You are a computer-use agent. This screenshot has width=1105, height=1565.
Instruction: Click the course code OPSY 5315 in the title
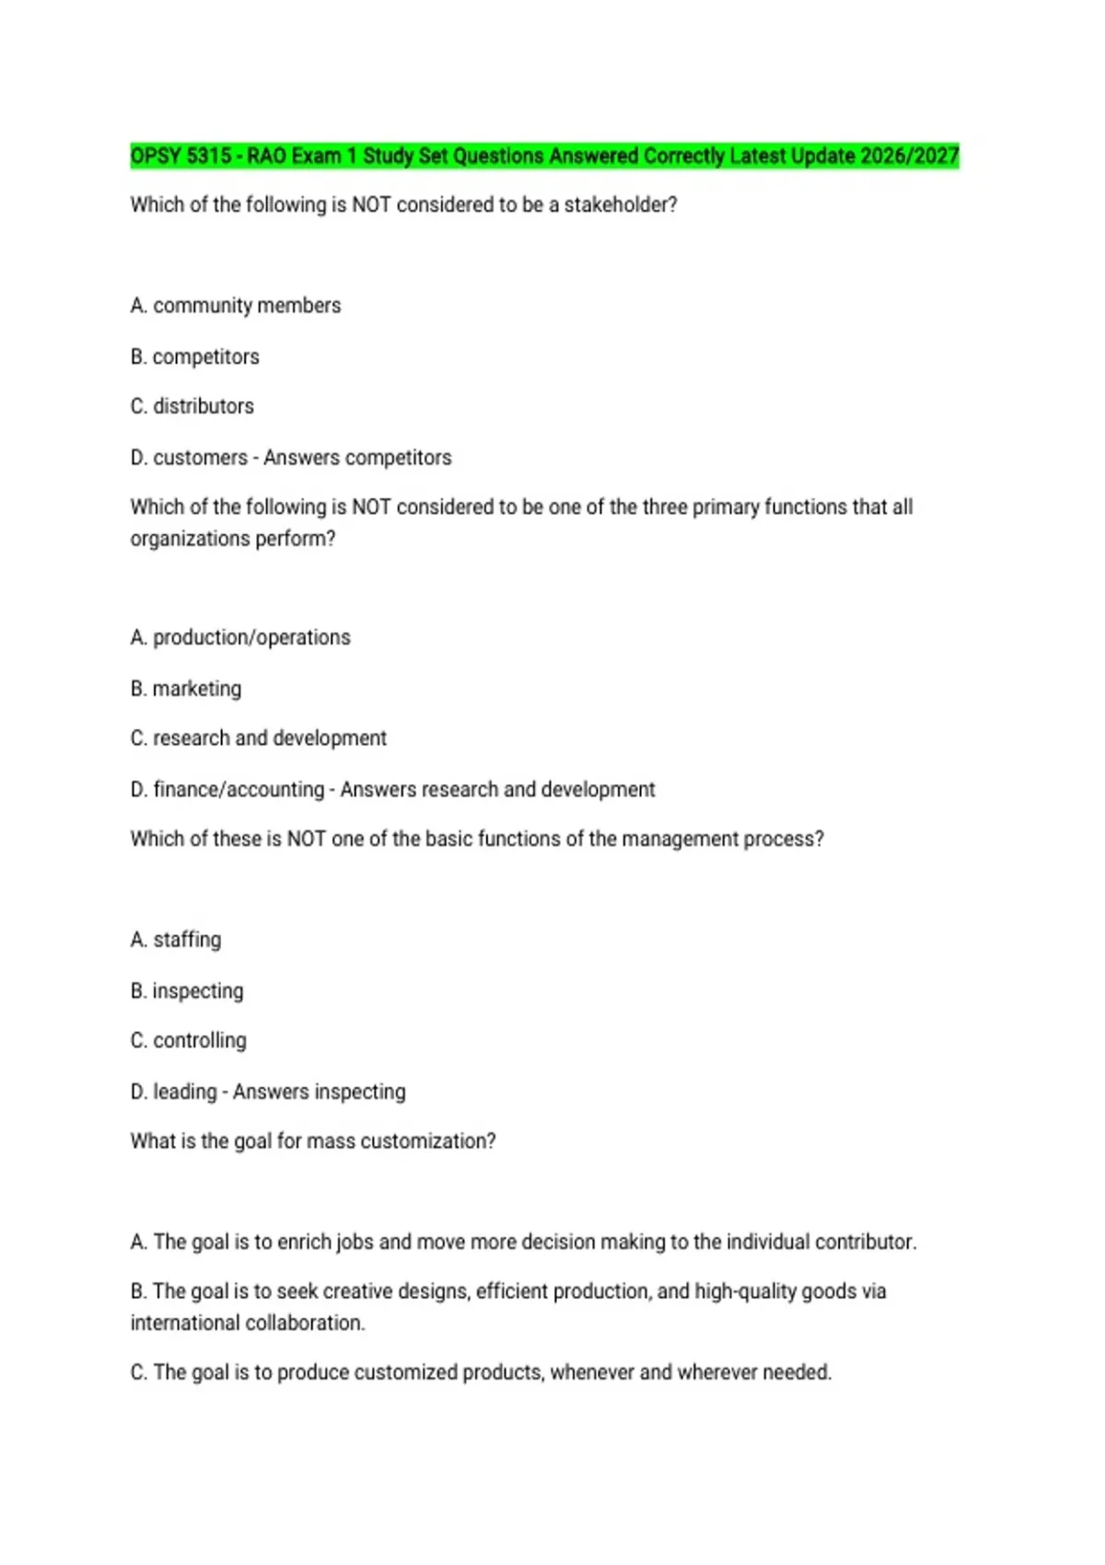[x=180, y=156]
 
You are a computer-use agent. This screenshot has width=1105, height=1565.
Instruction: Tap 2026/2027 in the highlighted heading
[x=910, y=156]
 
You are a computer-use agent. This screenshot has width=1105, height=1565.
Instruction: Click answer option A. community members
[x=236, y=306]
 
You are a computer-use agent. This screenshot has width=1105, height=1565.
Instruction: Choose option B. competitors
[x=195, y=356]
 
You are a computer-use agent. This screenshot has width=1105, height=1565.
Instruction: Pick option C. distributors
[x=192, y=406]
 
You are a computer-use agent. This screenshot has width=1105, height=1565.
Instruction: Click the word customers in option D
[x=200, y=458]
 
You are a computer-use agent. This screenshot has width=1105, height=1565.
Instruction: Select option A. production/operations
[x=240, y=637]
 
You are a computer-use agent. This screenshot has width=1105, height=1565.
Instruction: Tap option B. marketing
[x=186, y=689]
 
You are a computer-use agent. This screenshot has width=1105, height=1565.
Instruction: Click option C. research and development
[x=259, y=738]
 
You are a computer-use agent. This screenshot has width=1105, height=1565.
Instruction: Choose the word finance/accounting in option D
[x=238, y=790]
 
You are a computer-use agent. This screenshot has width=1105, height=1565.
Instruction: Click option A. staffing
[x=176, y=940]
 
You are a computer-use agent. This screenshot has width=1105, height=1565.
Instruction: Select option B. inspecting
[x=187, y=991]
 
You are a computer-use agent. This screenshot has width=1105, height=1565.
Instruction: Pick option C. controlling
[x=189, y=1040]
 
